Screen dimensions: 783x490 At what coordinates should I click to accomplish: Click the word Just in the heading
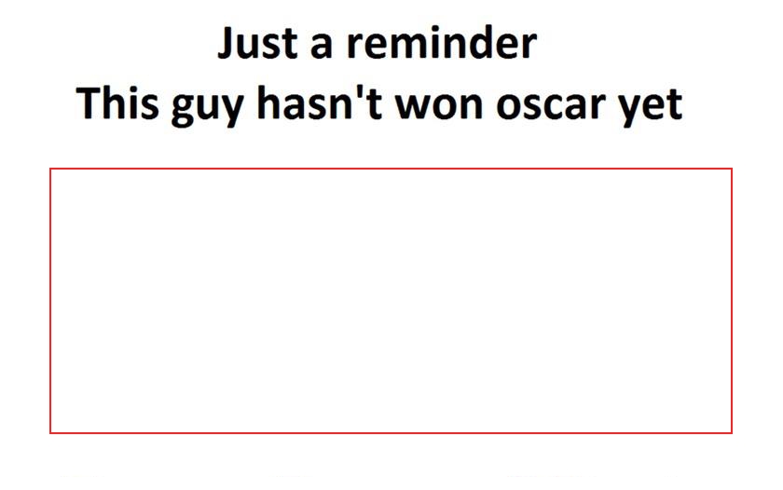click(257, 44)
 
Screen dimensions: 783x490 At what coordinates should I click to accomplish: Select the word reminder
click(442, 43)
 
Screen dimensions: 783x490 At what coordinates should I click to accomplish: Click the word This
click(117, 102)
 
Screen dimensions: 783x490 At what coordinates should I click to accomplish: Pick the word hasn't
click(320, 102)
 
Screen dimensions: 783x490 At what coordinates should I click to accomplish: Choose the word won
click(439, 108)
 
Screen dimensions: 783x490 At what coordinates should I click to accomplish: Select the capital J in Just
click(227, 44)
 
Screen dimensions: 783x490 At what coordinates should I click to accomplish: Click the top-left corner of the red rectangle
click(50, 169)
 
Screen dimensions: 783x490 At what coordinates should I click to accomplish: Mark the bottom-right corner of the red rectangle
click(732, 433)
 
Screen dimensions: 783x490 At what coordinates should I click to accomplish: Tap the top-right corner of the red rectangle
click(732, 169)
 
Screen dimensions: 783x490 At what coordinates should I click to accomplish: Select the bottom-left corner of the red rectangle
click(50, 433)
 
